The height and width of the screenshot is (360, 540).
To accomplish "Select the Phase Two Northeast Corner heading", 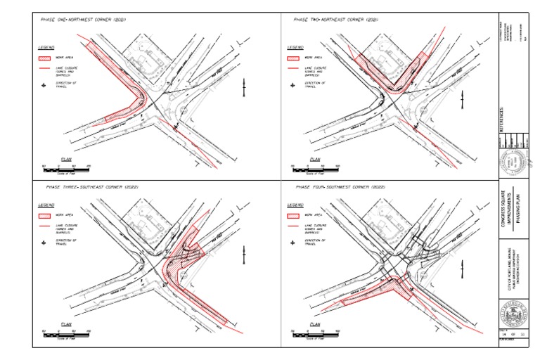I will (x=335, y=20).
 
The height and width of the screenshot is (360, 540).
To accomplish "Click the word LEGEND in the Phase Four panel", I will (x=296, y=205).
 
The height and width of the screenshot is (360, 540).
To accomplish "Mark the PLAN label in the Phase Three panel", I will (x=67, y=324).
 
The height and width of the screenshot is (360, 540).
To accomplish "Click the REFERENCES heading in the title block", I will (x=501, y=120).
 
